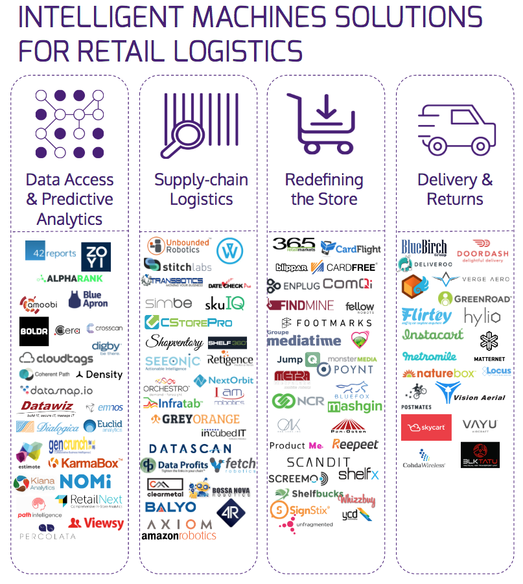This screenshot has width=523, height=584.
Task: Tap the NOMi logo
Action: click(86, 481)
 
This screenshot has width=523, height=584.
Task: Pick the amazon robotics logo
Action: click(179, 535)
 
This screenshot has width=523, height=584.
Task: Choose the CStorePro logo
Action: click(188, 321)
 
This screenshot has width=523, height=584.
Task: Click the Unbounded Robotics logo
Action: click(170, 246)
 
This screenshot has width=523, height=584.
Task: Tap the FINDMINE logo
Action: click(300, 305)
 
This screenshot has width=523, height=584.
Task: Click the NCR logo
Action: click(298, 401)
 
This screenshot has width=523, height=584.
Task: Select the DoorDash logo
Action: click(482, 253)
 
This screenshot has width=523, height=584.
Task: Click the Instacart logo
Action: click(432, 335)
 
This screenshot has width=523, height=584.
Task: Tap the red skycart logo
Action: click(426, 428)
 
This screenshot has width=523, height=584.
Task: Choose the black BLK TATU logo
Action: click(480, 454)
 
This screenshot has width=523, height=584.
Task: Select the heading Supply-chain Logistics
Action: click(201, 189)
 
